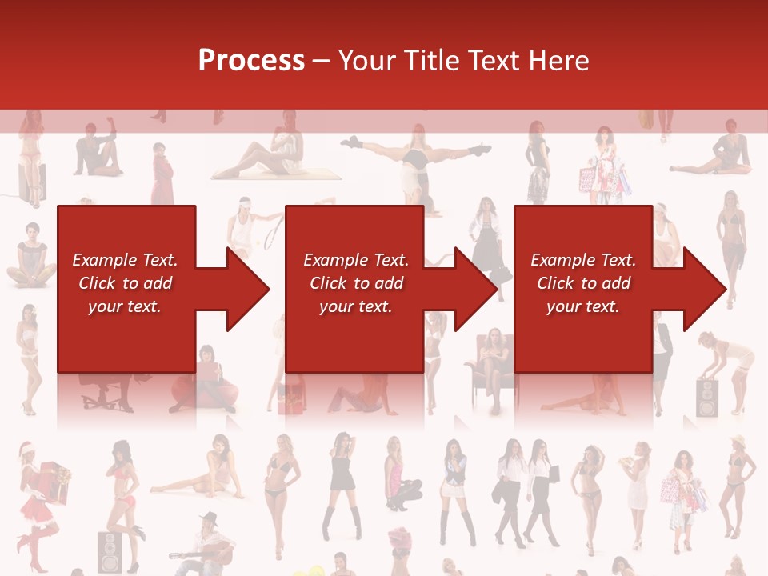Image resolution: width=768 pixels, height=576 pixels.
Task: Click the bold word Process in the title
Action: click(251, 61)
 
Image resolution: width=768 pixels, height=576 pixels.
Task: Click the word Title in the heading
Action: click(430, 61)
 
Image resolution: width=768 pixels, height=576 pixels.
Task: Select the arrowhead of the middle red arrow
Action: click(475, 289)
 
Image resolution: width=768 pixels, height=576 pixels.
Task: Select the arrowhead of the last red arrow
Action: click(704, 289)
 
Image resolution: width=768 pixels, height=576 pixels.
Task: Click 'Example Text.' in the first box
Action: click(126, 260)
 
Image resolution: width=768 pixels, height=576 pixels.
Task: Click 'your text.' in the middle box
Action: click(355, 306)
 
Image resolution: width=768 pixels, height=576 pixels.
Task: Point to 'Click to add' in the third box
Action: click(583, 283)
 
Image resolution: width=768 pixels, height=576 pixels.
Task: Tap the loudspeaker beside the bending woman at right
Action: click(707, 398)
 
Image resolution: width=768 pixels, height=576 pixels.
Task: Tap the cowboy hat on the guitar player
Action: click(210, 518)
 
